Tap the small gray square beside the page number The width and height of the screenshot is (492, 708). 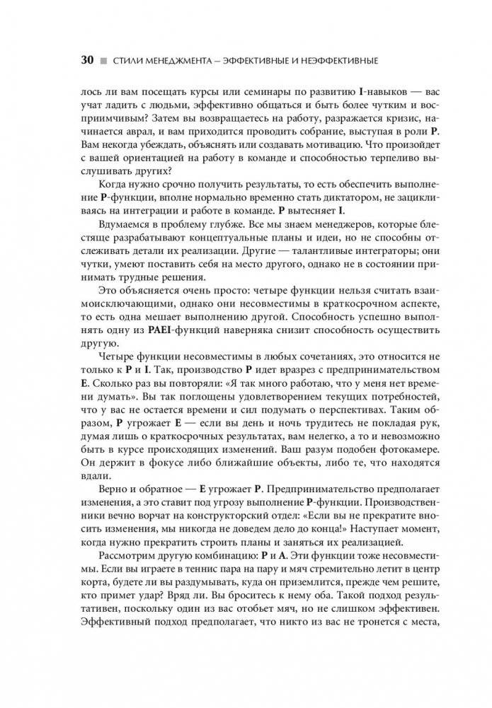[103, 61]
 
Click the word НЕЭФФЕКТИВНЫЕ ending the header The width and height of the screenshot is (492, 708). [332, 61]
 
